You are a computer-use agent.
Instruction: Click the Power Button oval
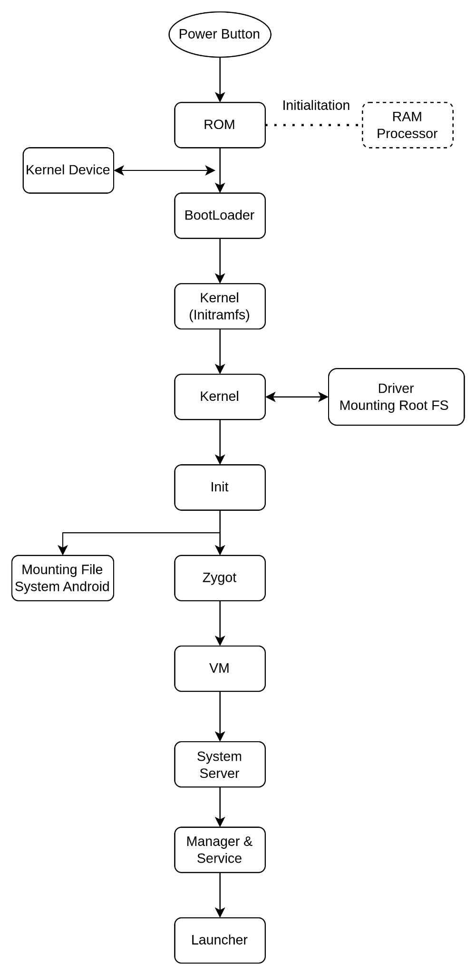coord(220,34)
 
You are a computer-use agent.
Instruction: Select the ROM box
coord(220,125)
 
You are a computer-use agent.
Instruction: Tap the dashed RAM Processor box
coord(408,125)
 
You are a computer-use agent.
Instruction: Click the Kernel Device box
coord(68,170)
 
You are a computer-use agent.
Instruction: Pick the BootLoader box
coord(220,215)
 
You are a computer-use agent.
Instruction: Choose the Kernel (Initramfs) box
coord(220,306)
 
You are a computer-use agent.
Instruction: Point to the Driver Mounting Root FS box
coord(396,397)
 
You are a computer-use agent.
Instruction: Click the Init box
coord(220,487)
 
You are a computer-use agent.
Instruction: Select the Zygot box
coord(220,577)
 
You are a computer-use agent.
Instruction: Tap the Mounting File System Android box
coord(62,577)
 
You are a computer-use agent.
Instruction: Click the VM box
coord(220,668)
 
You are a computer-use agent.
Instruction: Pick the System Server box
coord(220,764)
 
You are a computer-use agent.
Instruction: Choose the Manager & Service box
coord(220,850)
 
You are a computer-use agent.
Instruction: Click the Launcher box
coord(220,940)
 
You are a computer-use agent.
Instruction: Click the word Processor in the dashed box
coord(407,134)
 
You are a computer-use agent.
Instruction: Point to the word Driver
coord(396,388)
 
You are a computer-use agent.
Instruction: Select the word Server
coord(219,773)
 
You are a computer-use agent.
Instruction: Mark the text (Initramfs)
coord(219,315)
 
